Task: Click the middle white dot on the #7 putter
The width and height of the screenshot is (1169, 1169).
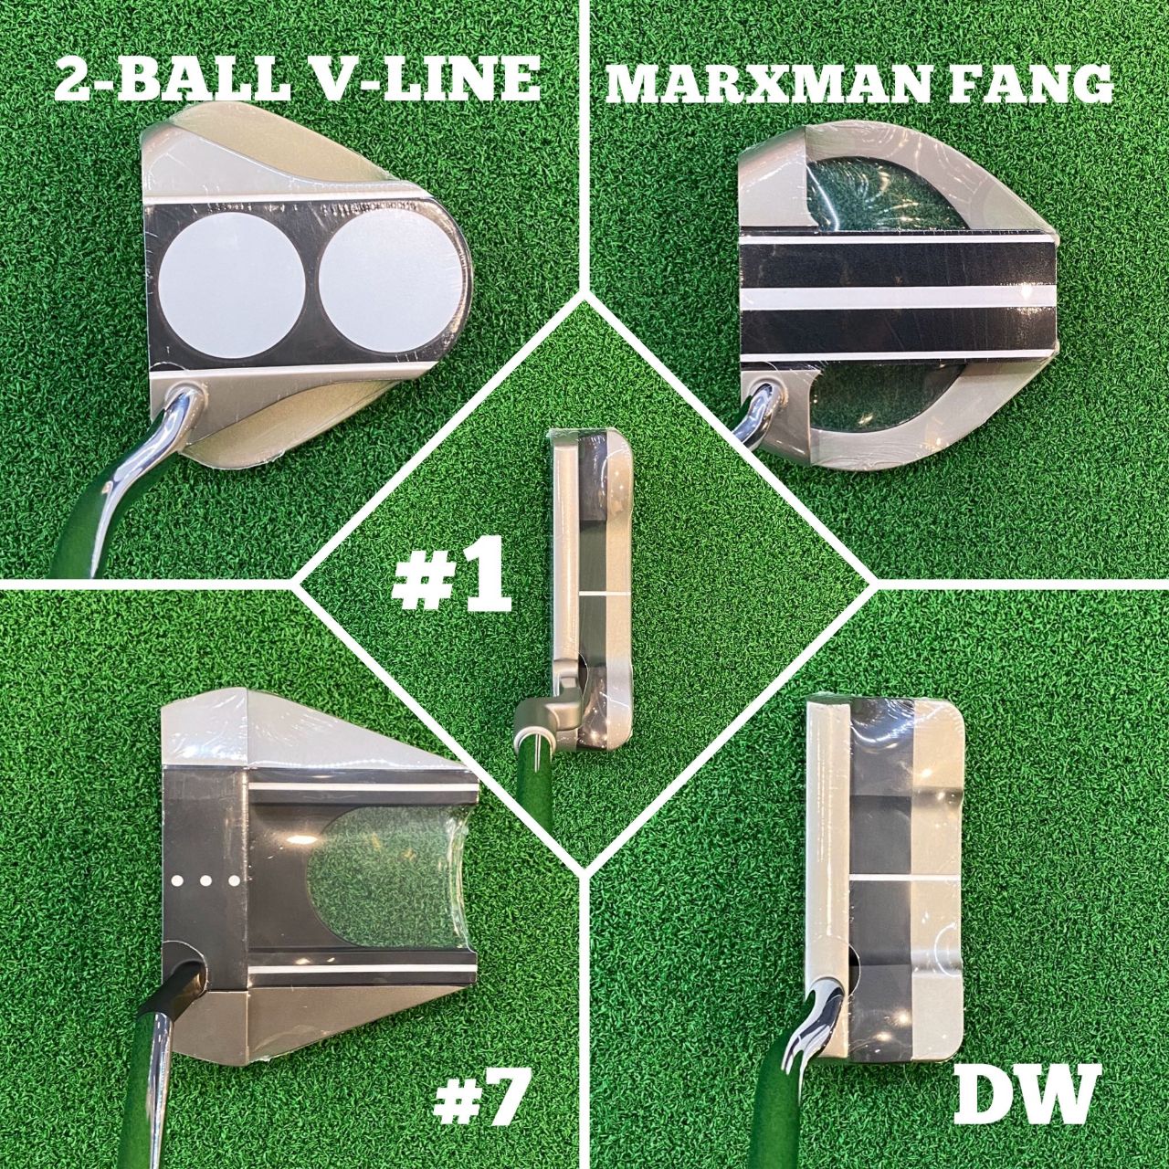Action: tap(205, 880)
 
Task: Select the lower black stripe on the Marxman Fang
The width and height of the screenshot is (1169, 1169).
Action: tap(898, 328)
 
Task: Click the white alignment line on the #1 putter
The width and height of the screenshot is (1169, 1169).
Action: tap(605, 595)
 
